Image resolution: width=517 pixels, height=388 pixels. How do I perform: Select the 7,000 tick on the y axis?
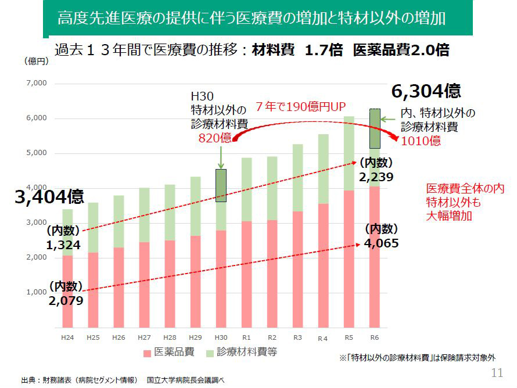click(x=37, y=84)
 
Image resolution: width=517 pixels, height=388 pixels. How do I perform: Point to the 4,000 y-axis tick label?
click(x=37, y=188)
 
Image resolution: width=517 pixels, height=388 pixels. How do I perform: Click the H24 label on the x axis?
click(x=67, y=337)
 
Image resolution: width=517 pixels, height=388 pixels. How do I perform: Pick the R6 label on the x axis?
click(x=375, y=337)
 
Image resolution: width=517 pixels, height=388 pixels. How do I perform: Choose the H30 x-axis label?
click(x=221, y=337)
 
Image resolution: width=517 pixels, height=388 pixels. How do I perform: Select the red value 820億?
click(x=215, y=138)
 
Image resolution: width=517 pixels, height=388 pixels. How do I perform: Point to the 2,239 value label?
click(x=376, y=177)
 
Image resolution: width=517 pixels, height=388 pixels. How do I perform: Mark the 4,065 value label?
click(x=382, y=243)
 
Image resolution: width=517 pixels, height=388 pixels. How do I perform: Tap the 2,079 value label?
click(x=66, y=300)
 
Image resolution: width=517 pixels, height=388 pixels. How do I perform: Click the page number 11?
click(x=497, y=373)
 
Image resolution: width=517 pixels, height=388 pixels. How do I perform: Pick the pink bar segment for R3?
click(x=298, y=271)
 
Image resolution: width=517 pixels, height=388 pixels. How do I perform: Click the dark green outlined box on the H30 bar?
click(x=221, y=186)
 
